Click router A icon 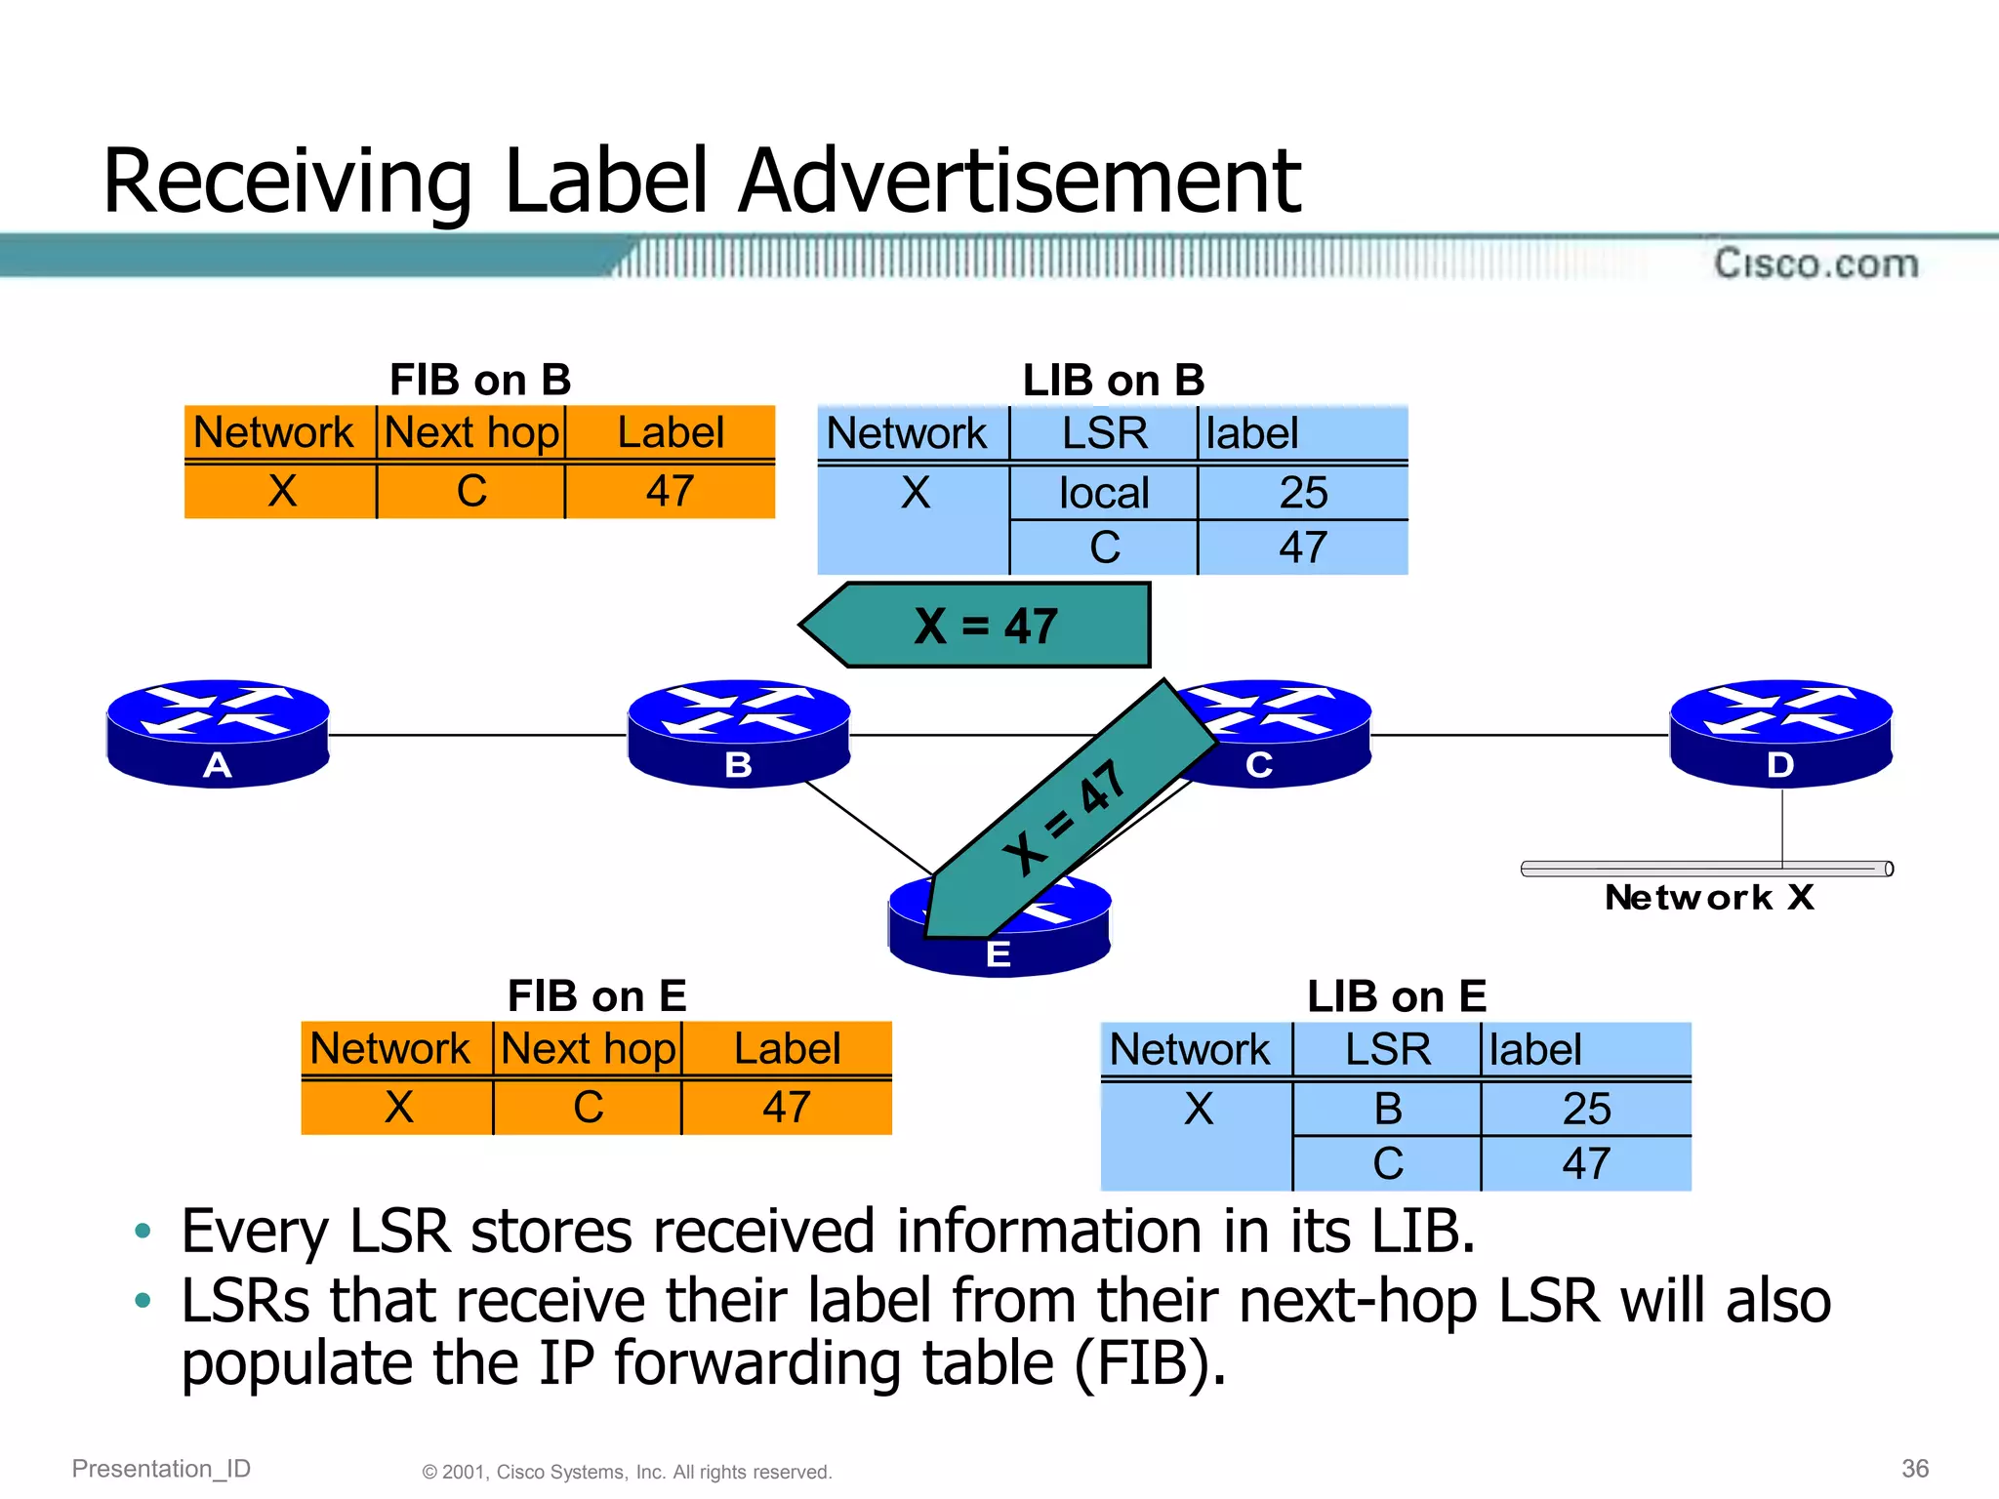point(218,732)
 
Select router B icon point(739,732)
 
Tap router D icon point(1781,732)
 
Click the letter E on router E point(998,953)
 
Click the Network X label point(1709,897)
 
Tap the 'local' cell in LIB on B point(1104,493)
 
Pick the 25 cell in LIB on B point(1303,493)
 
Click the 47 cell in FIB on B point(670,491)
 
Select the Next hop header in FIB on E point(588,1049)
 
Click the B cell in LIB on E point(1387,1109)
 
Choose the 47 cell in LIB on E point(1585,1163)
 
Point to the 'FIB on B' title point(480,380)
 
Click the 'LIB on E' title point(1396,996)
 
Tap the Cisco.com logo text point(1815,263)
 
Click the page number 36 point(1915,1468)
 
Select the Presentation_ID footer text point(161,1468)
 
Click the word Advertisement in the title point(1019,181)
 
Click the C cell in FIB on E point(588,1108)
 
